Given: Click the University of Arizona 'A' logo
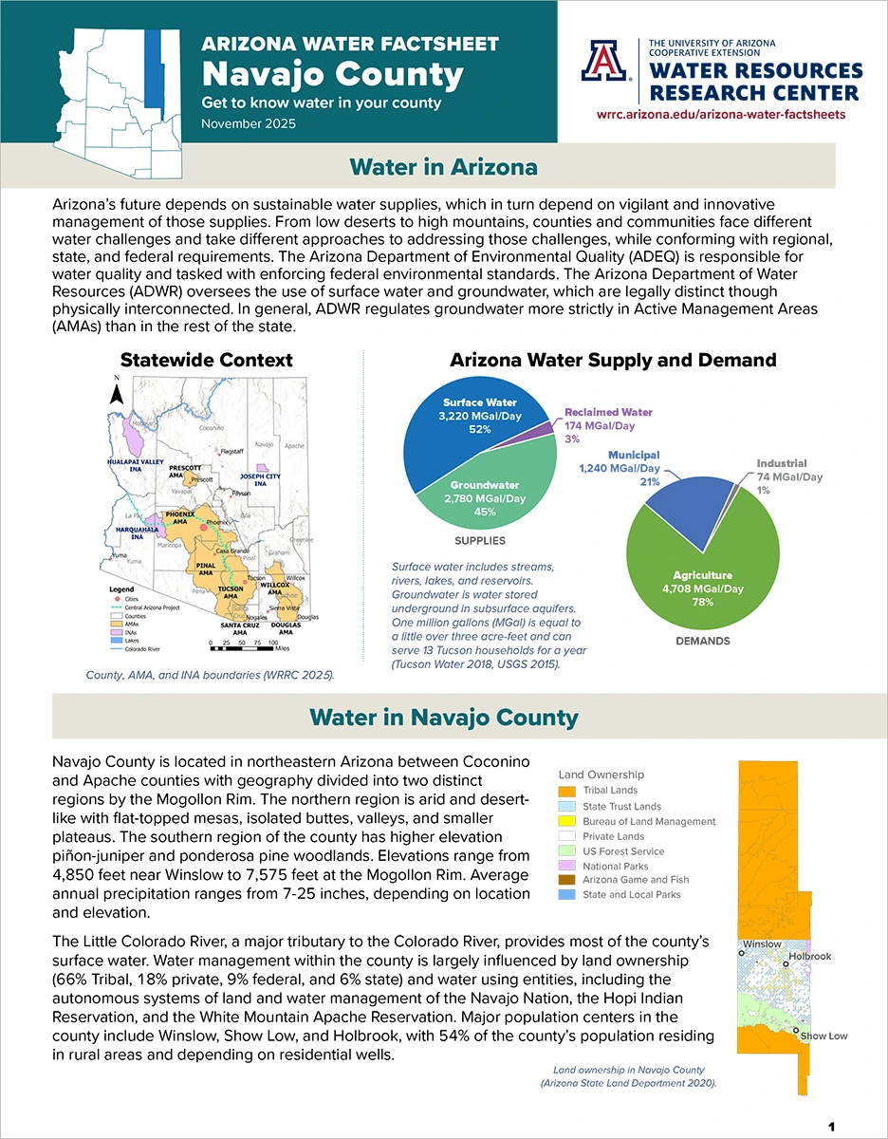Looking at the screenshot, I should point(605,62).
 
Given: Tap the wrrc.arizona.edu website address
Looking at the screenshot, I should point(721,114).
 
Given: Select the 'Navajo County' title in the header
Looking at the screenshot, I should point(333,74).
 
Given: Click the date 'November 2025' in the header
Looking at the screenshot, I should point(249,124).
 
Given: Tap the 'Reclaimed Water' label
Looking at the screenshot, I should point(608,413).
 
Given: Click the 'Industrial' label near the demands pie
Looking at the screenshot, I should point(781,463).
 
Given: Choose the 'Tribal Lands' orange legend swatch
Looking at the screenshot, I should point(567,791).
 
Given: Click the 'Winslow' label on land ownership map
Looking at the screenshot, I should point(762,944).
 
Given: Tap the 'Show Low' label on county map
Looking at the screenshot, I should point(823,1036).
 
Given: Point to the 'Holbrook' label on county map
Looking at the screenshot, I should point(809,956).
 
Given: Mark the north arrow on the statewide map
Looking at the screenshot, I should point(117,392).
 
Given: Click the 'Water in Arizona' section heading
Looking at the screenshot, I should point(443,167).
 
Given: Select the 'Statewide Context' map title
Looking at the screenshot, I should point(206,360).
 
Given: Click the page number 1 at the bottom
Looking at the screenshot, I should point(831,1127).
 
